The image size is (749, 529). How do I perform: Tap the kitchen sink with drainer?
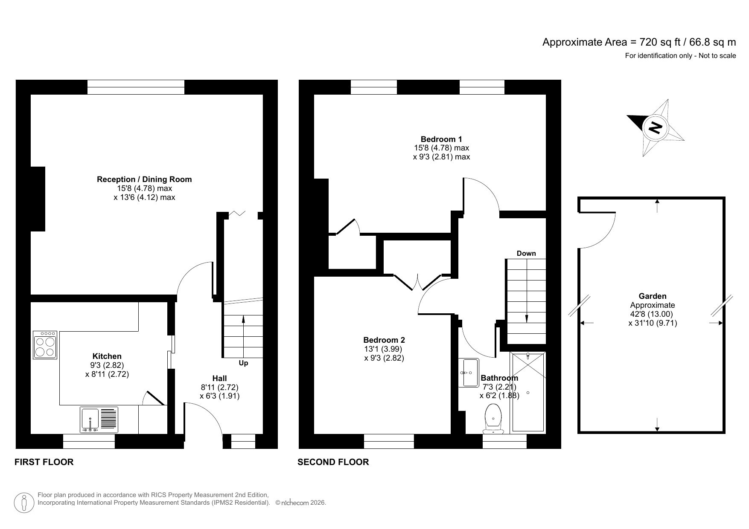99,420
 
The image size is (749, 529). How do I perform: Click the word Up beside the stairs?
243,363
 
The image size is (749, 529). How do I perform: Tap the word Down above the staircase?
526,253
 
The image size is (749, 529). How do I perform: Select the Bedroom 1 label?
441,139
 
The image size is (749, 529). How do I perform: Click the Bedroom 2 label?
384,340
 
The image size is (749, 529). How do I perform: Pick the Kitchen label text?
107,356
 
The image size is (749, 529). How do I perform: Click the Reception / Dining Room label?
144,179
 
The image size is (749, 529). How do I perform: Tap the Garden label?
652,296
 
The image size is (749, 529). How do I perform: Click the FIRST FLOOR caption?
44,462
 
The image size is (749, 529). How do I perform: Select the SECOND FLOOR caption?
333,462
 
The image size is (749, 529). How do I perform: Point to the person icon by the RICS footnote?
24,503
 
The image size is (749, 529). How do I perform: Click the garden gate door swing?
597,230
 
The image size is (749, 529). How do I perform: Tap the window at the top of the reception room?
136,87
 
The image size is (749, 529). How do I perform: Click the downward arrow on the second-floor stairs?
526,318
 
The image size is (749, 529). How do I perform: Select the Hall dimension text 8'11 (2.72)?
219,387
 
